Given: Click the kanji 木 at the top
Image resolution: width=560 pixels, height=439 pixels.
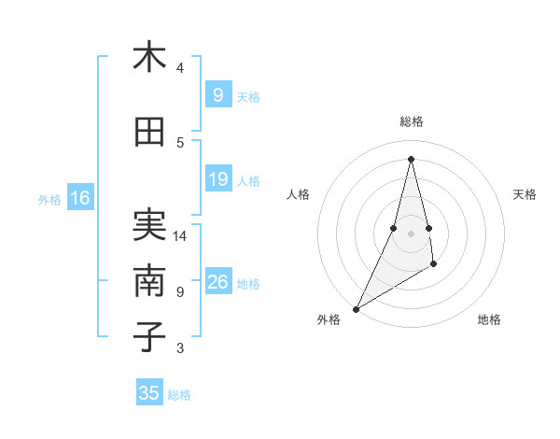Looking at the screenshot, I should (x=149, y=57).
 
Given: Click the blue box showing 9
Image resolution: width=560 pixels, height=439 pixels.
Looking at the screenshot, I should (x=217, y=95).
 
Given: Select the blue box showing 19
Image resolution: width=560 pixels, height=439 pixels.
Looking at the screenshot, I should (x=217, y=180).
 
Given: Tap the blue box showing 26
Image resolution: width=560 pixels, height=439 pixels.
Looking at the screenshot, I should (x=217, y=283).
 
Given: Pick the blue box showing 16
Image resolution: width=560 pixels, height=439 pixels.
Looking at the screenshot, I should (x=79, y=198).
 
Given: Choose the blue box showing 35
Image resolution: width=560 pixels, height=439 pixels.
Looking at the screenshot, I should (x=149, y=393).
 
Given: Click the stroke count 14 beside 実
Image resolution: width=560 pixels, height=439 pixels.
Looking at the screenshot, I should (x=180, y=236).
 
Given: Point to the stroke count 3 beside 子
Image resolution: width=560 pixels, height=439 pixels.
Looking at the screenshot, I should (x=180, y=348).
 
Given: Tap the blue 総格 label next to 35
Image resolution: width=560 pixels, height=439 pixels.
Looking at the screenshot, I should (x=179, y=395).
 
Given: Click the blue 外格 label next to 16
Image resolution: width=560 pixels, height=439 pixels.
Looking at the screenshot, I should (x=49, y=199).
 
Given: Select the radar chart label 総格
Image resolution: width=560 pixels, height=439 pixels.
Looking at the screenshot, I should (x=411, y=121).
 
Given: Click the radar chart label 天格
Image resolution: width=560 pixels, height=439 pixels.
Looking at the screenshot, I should (x=525, y=194).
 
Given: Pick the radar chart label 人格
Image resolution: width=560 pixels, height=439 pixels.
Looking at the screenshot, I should (x=298, y=194).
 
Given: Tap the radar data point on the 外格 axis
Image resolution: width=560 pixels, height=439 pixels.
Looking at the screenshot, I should (x=356, y=308).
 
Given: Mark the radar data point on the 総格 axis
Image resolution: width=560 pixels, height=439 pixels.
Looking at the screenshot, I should (x=411, y=158).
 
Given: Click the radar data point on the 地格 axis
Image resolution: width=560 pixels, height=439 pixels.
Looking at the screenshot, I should (x=434, y=265).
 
